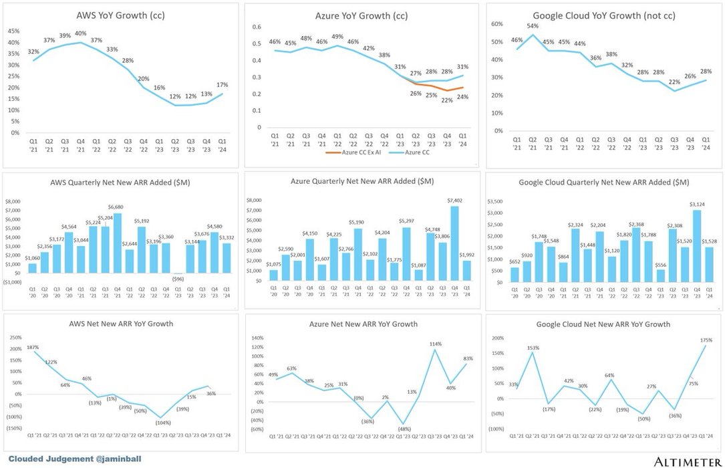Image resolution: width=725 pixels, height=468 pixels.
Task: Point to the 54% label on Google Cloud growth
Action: tap(533, 26)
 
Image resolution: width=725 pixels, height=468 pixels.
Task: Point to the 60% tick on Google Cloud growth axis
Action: tap(496, 23)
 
